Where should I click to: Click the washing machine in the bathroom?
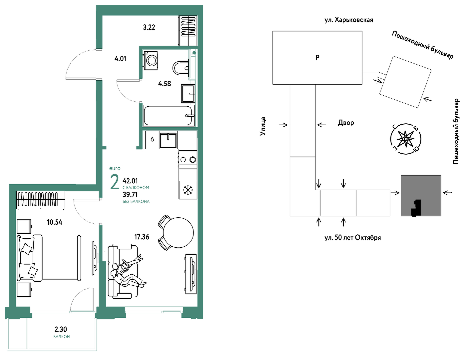151,60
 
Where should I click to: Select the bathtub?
169,115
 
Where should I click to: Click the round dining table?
178,233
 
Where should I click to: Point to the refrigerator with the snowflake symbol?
188,190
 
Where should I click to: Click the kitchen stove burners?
188,159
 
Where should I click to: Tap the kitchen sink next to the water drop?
168,140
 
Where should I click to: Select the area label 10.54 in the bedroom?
55,222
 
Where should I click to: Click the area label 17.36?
142,237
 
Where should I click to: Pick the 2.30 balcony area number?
61,329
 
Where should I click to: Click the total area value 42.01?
130,181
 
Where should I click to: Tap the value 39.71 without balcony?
130,195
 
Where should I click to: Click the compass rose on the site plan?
406,139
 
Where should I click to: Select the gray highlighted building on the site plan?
421,195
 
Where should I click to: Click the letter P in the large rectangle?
317,57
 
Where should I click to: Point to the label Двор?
346,123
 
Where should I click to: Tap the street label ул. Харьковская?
349,20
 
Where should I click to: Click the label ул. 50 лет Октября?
353,238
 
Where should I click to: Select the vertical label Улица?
263,126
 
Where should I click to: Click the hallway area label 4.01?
120,59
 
